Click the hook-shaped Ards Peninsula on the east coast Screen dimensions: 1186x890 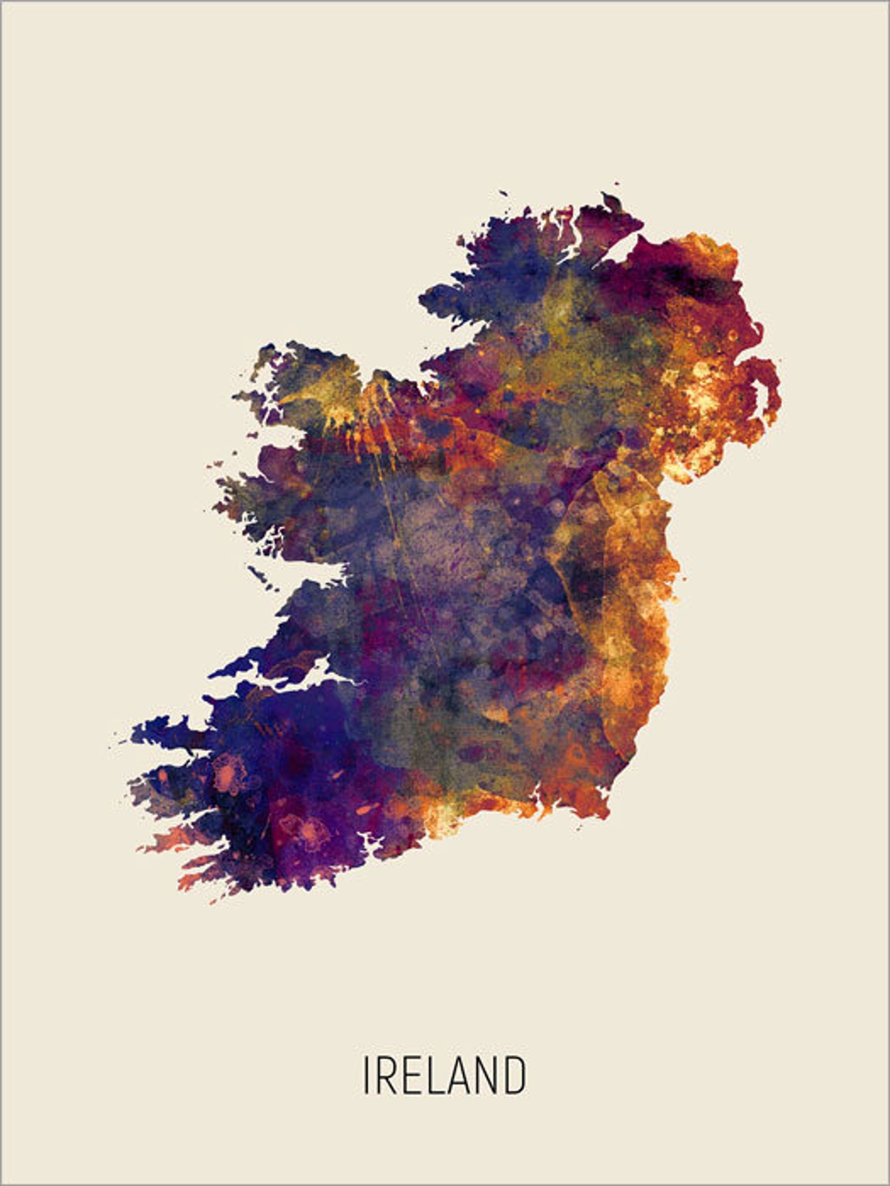[x=771, y=387]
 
